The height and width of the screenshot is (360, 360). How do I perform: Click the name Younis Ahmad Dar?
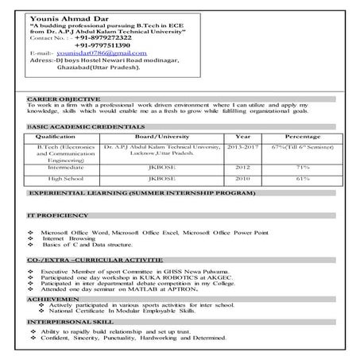pyautogui.click(x=59, y=17)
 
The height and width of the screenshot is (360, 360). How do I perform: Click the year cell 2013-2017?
pyautogui.click(x=241, y=148)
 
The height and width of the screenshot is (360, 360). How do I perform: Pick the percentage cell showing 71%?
pyautogui.click(x=302, y=168)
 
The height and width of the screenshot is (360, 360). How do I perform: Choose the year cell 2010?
pyautogui.click(x=241, y=179)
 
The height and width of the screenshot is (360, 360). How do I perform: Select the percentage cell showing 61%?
pyautogui.click(x=302, y=179)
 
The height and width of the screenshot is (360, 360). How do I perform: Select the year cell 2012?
pyautogui.click(x=241, y=168)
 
